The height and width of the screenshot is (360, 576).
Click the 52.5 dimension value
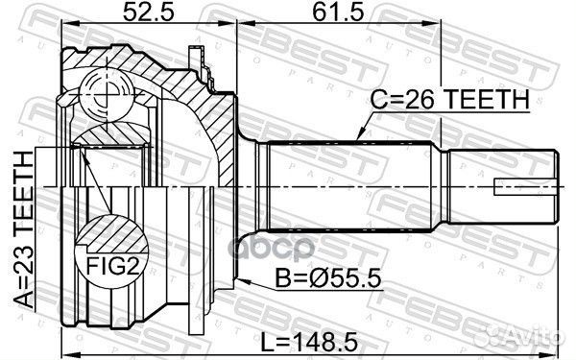148,12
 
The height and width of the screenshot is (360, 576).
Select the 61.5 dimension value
338,12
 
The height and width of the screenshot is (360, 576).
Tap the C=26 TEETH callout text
449,99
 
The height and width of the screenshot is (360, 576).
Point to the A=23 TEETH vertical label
25,229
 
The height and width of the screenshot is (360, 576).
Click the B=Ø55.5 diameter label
328,279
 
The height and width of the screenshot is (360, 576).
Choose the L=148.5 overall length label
309,343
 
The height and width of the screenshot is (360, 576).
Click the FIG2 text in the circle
112,266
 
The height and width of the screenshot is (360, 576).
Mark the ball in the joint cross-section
107,94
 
